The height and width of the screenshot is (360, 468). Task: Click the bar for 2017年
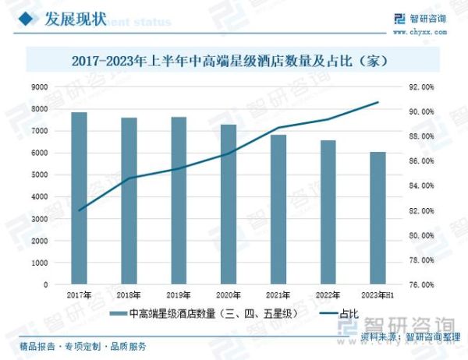79,199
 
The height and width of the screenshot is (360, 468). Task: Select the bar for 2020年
228,205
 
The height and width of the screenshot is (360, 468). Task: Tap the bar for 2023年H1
378,218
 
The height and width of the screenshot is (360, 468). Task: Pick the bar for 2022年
328,213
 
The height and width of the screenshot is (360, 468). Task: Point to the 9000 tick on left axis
40,87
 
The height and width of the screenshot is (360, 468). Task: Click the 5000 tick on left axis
40,175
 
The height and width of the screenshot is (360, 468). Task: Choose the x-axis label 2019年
179,295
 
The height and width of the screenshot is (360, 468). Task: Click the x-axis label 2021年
278,295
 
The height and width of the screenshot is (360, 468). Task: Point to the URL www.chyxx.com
421,32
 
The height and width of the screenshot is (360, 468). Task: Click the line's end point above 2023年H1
378,102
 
